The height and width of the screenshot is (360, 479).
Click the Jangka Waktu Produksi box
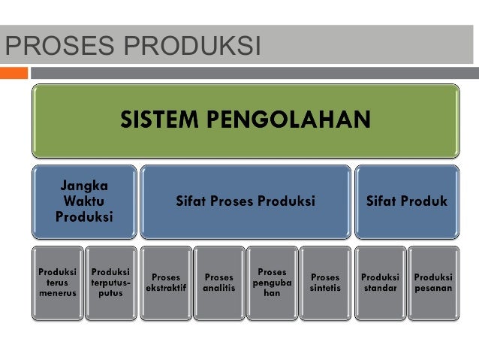pos(84,201)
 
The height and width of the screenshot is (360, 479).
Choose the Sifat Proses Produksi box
pos(245,201)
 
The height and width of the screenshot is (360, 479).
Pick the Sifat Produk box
pos(406,201)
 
